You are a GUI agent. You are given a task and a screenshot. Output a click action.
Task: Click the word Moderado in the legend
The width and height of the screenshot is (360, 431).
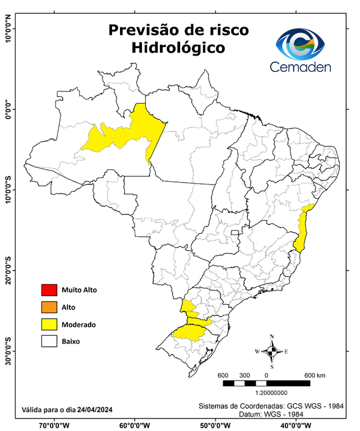coord(79,324)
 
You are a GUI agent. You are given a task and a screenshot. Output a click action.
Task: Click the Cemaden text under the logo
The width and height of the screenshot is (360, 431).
coord(301,67)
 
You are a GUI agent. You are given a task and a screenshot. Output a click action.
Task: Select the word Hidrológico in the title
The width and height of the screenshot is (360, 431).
coord(178,48)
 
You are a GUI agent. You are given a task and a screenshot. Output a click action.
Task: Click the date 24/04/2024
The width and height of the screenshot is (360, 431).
coord(95,410)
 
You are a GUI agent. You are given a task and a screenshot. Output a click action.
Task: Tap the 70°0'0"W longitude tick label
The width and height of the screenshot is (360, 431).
coord(55,425)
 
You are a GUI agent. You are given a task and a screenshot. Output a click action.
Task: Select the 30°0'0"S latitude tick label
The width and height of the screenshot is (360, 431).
coord(8,351)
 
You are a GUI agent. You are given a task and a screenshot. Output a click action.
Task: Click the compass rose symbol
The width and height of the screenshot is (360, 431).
coord(271,351)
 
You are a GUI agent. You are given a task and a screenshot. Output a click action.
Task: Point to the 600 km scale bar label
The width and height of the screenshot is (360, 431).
coord(315,375)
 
